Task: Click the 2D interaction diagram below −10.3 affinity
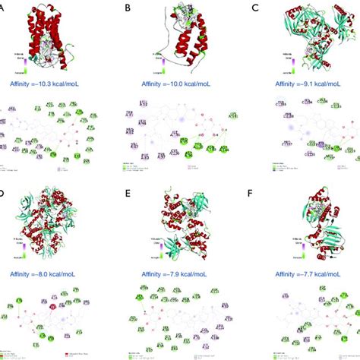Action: [x=53, y=133]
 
